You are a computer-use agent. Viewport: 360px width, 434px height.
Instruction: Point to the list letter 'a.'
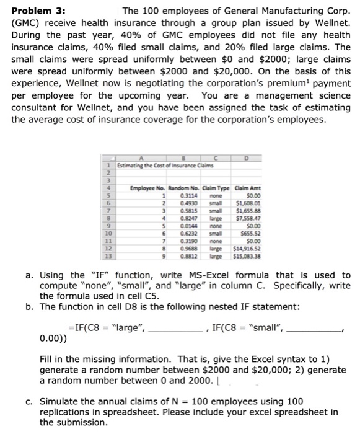coord(30,275)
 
